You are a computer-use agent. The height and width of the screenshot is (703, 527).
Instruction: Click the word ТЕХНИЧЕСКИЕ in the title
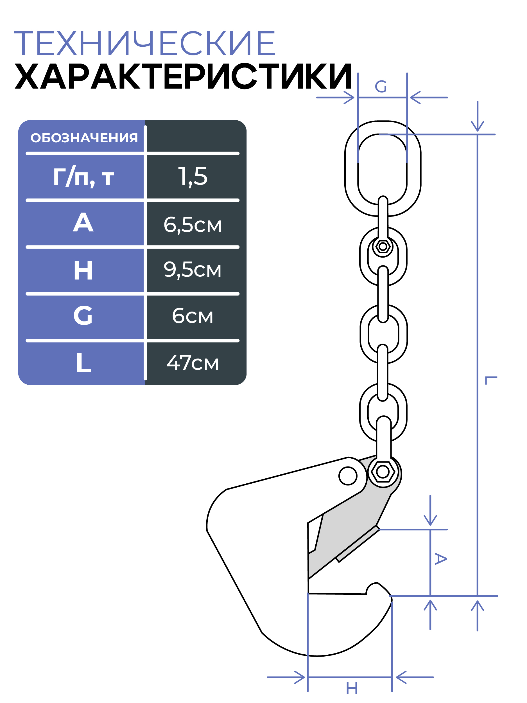(144, 43)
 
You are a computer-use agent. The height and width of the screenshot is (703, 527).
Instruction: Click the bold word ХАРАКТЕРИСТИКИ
(183, 76)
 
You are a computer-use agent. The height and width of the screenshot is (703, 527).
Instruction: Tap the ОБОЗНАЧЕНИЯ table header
(84, 138)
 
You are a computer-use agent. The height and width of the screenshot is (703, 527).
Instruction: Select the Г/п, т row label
(83, 176)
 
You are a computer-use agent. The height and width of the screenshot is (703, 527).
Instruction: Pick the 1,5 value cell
(193, 176)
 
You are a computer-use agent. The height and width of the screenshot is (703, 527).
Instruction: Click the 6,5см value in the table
(193, 225)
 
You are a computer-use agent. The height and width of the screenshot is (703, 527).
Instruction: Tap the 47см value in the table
(193, 363)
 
